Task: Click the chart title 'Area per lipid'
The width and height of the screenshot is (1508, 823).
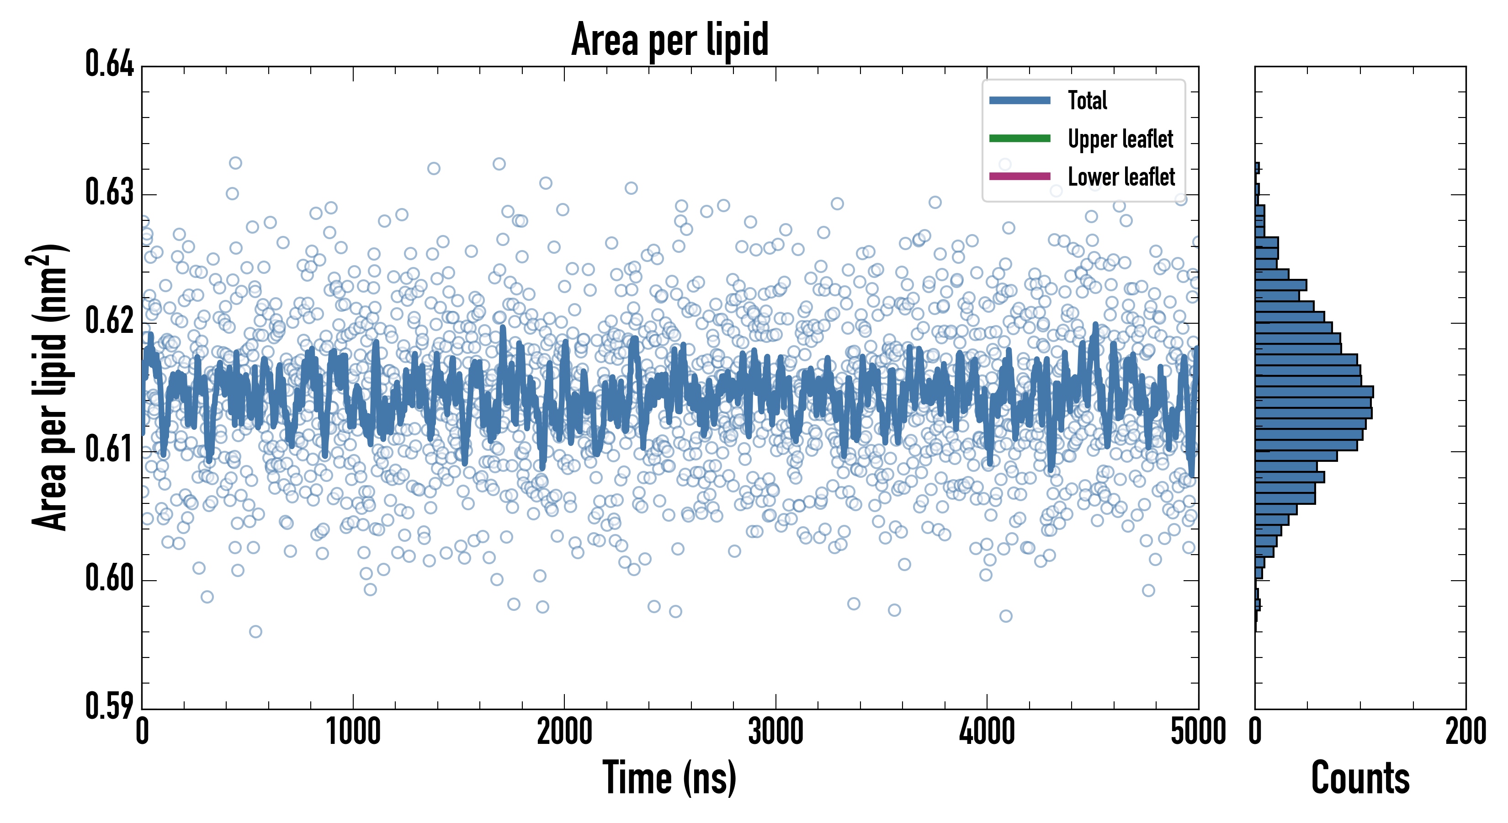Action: (x=670, y=39)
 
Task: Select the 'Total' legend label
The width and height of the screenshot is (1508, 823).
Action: (x=1087, y=100)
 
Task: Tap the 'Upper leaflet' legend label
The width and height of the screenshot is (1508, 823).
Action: (x=1120, y=139)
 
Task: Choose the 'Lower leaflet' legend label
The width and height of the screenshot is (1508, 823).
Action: (x=1121, y=177)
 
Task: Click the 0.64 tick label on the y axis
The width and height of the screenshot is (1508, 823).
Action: (x=110, y=64)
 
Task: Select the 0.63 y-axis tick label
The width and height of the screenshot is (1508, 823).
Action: (x=110, y=192)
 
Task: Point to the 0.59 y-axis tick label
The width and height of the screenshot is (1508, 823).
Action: (x=110, y=706)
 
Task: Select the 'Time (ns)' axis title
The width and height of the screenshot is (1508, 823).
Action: (x=670, y=778)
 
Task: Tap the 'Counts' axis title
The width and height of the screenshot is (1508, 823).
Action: (x=1360, y=778)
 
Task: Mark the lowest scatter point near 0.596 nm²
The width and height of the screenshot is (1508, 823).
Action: (x=255, y=631)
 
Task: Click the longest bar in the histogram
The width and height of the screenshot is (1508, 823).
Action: (x=1314, y=392)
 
